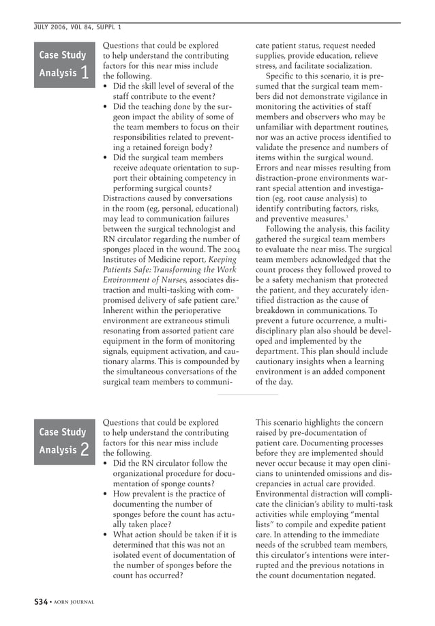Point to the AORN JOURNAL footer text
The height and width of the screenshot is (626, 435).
point(73,602)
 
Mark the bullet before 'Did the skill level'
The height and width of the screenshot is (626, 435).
point(104,87)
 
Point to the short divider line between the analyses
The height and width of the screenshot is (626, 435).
point(247,394)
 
